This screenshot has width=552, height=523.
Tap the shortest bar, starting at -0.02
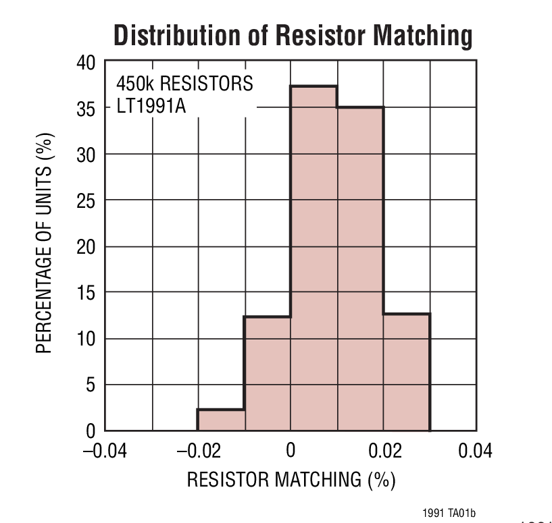point(220,420)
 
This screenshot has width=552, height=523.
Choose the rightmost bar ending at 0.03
point(407,372)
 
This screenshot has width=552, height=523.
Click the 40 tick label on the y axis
point(85,63)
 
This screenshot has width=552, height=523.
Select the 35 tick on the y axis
point(85,108)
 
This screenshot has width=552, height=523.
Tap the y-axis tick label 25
point(85,200)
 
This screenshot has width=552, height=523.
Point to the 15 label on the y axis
point(85,293)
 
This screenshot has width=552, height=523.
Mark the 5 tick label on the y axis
point(91,385)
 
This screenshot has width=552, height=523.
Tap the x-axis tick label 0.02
point(383,450)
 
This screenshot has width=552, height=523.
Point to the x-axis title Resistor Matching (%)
point(291,480)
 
